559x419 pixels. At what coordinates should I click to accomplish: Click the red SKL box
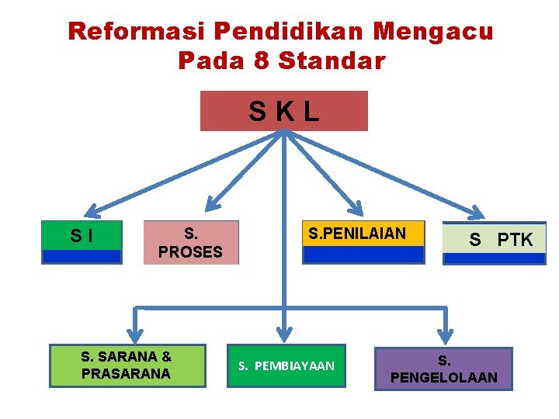coord(283,111)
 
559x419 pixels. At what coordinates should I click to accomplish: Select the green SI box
coord(82,236)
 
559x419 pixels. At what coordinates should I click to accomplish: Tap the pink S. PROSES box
coord(190,242)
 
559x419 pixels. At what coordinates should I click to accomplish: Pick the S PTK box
coord(494,241)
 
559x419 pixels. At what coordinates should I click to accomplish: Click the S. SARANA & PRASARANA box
coord(127,365)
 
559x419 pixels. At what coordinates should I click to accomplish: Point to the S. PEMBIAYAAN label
coord(286,365)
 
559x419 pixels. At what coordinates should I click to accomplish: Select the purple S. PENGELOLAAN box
coord(443,369)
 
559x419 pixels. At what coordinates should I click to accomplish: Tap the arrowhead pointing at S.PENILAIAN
coord(356,207)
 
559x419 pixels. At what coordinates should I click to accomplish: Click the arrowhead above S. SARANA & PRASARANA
coord(136,335)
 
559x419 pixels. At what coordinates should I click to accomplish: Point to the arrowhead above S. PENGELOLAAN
coord(446,335)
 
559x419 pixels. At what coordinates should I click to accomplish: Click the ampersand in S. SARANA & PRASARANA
coord(166,357)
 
